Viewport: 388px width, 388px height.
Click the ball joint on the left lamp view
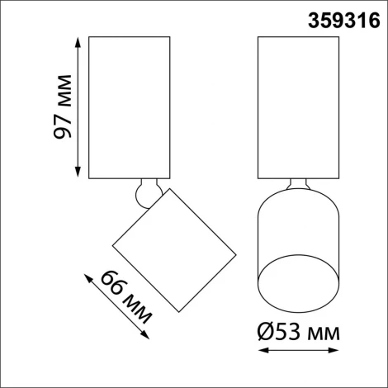(146, 193)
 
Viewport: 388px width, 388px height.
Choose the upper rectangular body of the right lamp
(298, 106)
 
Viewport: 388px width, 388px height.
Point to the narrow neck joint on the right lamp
(298, 185)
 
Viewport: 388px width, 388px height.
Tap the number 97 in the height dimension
(65, 122)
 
